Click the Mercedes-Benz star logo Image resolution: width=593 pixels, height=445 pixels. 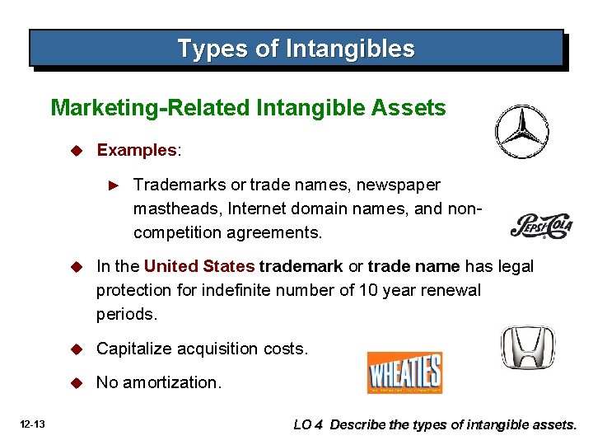pos(521,132)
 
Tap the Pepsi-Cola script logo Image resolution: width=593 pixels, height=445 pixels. pos(541,226)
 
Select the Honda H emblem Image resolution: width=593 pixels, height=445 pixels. pos(528,347)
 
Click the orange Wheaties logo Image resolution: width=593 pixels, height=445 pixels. pos(404,372)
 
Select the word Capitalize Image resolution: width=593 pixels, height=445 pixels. pos(134,349)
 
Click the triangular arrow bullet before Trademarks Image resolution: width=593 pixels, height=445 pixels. pos(115,185)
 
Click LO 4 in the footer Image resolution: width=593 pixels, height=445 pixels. pos(310,425)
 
